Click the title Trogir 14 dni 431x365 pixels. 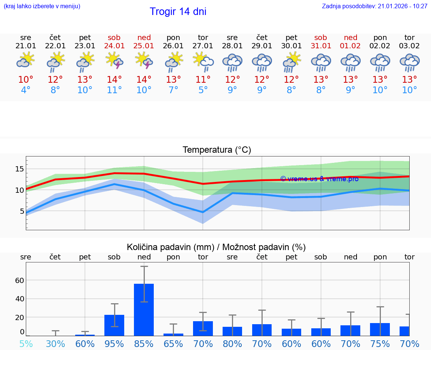pyautogui.click(x=178, y=12)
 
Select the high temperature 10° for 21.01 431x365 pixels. pyautogui.click(x=26, y=80)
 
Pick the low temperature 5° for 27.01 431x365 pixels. pyautogui.click(x=203, y=90)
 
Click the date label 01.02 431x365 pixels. pyautogui.click(x=351, y=46)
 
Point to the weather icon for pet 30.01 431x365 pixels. pyautogui.click(x=291, y=62)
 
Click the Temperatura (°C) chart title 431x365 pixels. pyautogui.click(x=217, y=150)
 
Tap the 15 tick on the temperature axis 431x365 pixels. pyautogui.click(x=19, y=169)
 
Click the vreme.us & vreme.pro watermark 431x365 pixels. pyautogui.click(x=319, y=179)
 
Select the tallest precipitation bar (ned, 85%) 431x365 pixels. pyautogui.click(x=144, y=310)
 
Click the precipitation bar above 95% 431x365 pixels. pyautogui.click(x=114, y=325)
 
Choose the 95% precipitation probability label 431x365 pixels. pyautogui.click(x=114, y=344)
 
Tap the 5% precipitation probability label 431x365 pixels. pyautogui.click(x=26, y=344)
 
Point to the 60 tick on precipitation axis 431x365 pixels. pyautogui.click(x=19, y=280)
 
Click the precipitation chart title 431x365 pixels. pyautogui.click(x=216, y=247)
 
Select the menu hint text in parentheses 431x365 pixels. pyautogui.click(x=42, y=6)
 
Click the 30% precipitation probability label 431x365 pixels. pyautogui.click(x=55, y=344)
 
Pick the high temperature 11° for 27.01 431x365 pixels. pyautogui.click(x=203, y=80)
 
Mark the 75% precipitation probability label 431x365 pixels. pyautogui.click(x=380, y=344)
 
